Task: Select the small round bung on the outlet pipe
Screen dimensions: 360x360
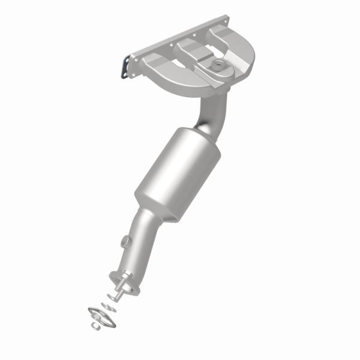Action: click(x=125, y=242)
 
